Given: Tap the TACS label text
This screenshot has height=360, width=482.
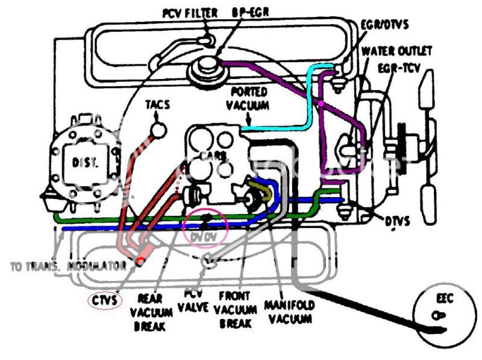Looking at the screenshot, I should click(157, 105).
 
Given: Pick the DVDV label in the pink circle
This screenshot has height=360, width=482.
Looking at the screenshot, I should click(204, 238).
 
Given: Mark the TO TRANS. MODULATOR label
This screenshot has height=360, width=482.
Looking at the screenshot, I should click(67, 266).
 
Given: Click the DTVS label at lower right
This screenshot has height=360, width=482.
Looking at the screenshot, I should click(397, 221).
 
